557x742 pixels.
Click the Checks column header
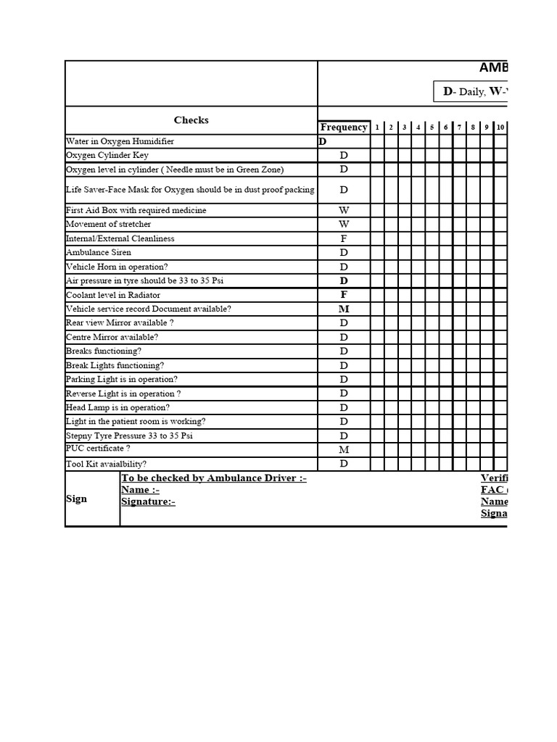click(191, 120)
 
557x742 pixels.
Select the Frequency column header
click(344, 128)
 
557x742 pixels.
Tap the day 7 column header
click(459, 128)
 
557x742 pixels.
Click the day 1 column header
click(377, 128)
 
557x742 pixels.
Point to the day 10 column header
click(500, 128)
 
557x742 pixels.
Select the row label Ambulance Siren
click(99, 252)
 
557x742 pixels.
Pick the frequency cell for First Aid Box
click(344, 210)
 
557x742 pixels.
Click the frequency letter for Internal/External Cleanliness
click(344, 238)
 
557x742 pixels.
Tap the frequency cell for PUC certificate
click(344, 449)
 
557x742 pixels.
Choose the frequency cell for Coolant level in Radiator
click(344, 295)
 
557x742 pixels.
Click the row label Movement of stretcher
click(108, 224)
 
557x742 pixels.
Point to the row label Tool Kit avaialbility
click(106, 464)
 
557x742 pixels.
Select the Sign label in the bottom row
click(76, 499)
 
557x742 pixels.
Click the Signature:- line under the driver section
click(148, 501)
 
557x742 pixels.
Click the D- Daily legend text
click(468, 91)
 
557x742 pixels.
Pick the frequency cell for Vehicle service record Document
click(344, 309)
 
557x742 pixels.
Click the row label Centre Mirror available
click(112, 337)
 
